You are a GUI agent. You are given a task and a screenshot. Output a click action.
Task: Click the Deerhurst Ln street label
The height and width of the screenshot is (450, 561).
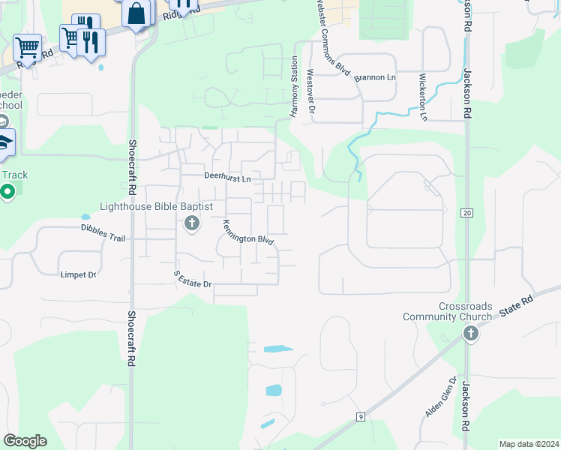point(227,176)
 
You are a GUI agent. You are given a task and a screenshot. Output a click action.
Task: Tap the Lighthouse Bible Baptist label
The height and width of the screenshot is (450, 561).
point(157,206)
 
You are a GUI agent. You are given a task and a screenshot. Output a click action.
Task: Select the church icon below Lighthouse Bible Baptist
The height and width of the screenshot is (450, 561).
point(191,223)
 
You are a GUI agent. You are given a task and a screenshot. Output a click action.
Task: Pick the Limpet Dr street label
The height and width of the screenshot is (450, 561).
point(79,274)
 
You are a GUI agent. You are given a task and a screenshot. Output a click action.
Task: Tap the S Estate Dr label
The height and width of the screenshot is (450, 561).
point(193,279)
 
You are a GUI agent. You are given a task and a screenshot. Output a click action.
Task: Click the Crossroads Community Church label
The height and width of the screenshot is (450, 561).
point(466,311)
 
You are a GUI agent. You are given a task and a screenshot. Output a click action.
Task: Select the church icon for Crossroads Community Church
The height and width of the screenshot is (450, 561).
point(470,333)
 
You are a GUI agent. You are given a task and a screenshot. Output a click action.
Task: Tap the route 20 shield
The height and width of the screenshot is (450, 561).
point(466,214)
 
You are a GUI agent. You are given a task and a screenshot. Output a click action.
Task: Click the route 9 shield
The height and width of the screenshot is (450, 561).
point(361,416)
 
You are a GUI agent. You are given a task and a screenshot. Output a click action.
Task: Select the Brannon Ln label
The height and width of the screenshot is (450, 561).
point(375,78)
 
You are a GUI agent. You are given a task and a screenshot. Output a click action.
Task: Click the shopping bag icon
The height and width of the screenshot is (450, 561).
point(138,13)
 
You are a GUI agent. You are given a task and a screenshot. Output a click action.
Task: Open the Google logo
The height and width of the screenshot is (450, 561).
point(25,440)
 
